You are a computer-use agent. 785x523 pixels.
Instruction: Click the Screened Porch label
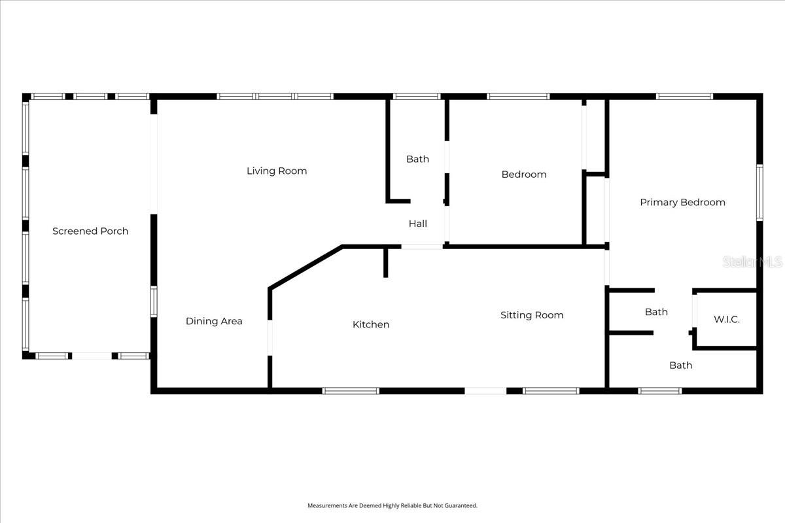tap(90, 231)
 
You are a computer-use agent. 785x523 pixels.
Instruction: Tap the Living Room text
tap(277, 171)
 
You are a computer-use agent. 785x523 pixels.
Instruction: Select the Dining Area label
tap(214, 321)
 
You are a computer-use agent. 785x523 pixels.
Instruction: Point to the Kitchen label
tap(371, 324)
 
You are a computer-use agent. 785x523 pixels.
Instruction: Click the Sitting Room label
tap(532, 315)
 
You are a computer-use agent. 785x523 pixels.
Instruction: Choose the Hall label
tap(418, 224)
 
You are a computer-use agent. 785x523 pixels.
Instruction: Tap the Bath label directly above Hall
tap(418, 159)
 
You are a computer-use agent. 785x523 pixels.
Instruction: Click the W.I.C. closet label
tap(727, 320)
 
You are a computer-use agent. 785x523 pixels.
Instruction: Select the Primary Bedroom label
tap(682, 202)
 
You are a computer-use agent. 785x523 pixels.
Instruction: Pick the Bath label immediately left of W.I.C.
tap(656, 312)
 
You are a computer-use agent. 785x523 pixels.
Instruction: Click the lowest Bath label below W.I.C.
tap(680, 365)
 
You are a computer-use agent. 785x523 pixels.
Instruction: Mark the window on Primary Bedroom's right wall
tap(760, 192)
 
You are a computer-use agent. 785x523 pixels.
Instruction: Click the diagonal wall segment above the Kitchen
tap(305, 267)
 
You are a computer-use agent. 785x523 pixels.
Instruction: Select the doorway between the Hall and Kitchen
tap(422, 246)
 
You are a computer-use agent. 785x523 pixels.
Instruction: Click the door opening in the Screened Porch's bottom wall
tap(92, 356)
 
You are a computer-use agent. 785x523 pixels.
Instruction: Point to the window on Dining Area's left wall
tap(154, 302)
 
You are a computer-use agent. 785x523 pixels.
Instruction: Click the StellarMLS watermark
tap(752, 262)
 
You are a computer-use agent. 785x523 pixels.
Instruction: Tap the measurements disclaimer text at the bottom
tap(392, 505)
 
